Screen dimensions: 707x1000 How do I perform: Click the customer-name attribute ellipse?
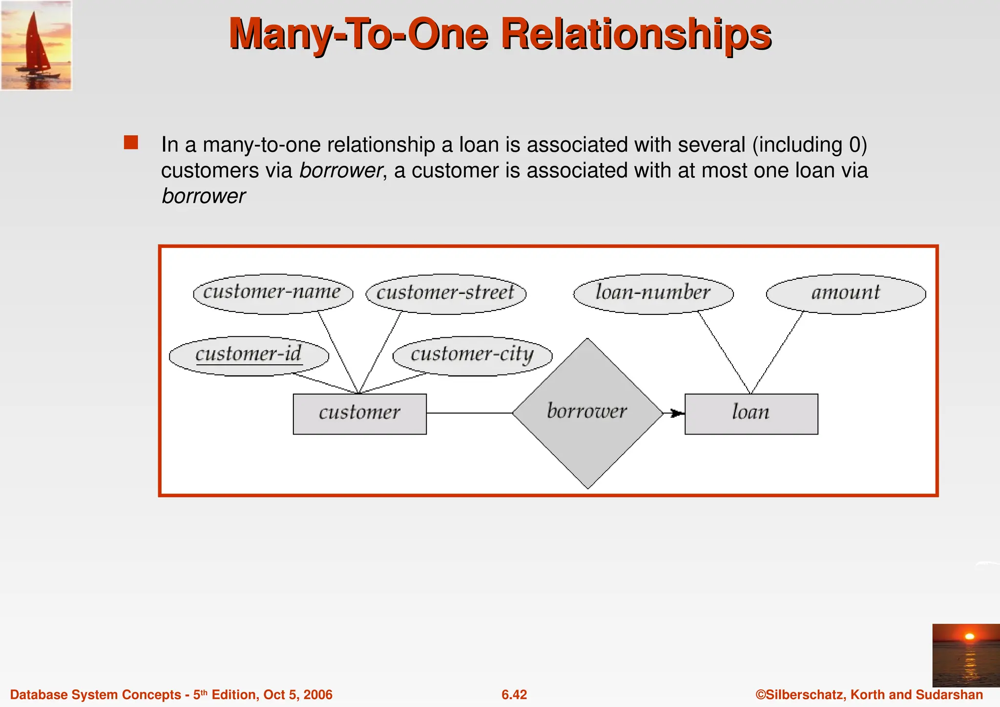click(273, 293)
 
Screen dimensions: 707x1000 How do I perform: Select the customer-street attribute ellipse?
click(446, 293)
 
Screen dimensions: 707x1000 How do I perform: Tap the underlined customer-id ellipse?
click(249, 355)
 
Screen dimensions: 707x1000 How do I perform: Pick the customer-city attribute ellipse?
click(472, 355)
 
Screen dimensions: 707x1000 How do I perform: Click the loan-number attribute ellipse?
click(653, 293)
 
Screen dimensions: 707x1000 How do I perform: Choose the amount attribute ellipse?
click(846, 293)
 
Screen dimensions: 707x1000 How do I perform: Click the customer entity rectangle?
click(359, 414)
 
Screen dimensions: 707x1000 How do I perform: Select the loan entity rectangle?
click(751, 414)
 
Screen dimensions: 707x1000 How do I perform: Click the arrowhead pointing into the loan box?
click(677, 414)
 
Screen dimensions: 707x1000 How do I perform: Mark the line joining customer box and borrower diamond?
click(469, 413)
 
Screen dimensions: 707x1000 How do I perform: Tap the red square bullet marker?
click(131, 143)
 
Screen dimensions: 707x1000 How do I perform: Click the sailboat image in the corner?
click(36, 45)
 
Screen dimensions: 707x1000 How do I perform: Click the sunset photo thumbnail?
click(966, 655)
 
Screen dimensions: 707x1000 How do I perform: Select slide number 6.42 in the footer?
click(514, 695)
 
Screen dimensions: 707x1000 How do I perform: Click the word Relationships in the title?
click(636, 34)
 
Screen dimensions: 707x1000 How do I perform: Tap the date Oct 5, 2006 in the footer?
click(298, 695)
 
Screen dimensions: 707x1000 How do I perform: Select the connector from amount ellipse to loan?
click(777, 353)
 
